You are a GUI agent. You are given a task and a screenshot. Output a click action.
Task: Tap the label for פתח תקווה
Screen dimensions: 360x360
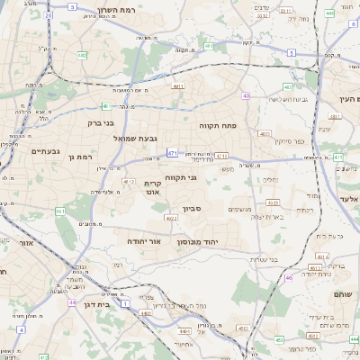(x=217, y=127)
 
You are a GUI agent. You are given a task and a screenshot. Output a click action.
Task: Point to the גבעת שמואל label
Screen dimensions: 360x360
(x=135, y=139)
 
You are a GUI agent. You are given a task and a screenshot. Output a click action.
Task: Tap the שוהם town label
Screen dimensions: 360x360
(x=344, y=294)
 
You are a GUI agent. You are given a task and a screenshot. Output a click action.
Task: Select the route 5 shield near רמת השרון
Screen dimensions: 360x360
(x=47, y=15)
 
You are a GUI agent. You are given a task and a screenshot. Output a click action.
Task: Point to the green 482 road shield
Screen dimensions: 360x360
(x=82, y=56)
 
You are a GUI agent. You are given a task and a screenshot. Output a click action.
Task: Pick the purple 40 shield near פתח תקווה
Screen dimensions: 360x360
(x=246, y=95)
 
